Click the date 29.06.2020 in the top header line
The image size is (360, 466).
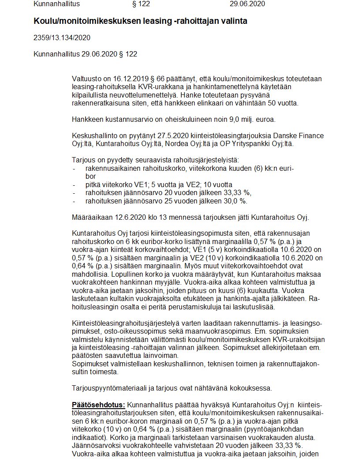[x=247, y=4]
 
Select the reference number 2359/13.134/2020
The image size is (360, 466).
[x=62, y=38]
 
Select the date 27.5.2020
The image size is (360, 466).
[x=172, y=135]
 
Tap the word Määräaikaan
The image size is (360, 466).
[x=91, y=217]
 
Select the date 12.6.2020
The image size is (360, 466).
[x=129, y=217]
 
